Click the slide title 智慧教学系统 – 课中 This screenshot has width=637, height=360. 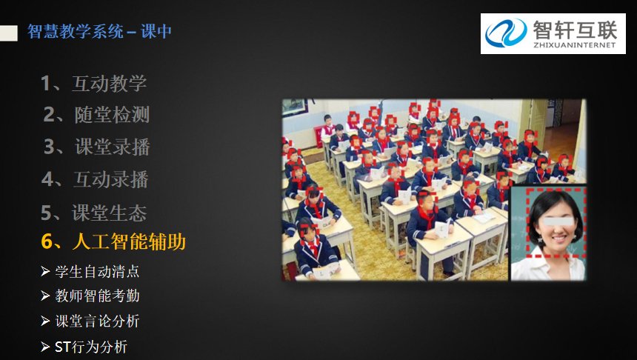pyautogui.click(x=99, y=31)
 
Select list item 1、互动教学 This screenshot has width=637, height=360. pyautogui.click(x=94, y=83)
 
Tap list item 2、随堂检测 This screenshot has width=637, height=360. pyautogui.click(x=96, y=115)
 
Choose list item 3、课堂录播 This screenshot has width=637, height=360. pyautogui.click(x=97, y=147)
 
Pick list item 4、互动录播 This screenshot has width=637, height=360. pyautogui.click(x=95, y=179)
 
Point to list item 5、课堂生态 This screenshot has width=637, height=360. pyautogui.click(x=94, y=213)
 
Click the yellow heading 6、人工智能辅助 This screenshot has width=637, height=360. pyautogui.click(x=113, y=241)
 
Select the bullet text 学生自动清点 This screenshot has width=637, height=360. pyautogui.click(x=97, y=271)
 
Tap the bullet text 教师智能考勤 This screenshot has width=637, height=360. pyautogui.click(x=98, y=296)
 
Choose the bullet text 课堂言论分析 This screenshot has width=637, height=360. pyautogui.click(x=98, y=321)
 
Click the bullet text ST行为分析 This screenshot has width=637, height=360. pyautogui.click(x=91, y=347)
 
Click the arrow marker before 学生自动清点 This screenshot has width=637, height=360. pyautogui.click(x=45, y=271)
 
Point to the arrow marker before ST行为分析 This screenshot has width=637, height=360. pyautogui.click(x=45, y=347)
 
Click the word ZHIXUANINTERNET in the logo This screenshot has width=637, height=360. pyautogui.click(x=575, y=45)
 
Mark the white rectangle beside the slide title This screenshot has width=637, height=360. pyautogui.click(x=9, y=33)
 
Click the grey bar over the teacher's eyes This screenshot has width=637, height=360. pyautogui.click(x=558, y=221)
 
